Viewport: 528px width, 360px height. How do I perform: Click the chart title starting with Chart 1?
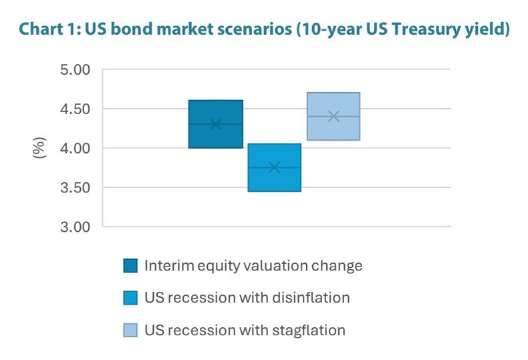tap(264, 30)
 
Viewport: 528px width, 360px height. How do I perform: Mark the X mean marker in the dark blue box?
tap(215, 124)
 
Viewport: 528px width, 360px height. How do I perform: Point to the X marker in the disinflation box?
tap(274, 168)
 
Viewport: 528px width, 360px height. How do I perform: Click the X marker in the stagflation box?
tap(334, 116)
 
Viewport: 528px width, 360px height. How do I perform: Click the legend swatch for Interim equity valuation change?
tap(130, 266)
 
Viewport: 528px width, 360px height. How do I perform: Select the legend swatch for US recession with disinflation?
tap(130, 298)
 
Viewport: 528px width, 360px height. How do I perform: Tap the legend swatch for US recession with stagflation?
tap(130, 330)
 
